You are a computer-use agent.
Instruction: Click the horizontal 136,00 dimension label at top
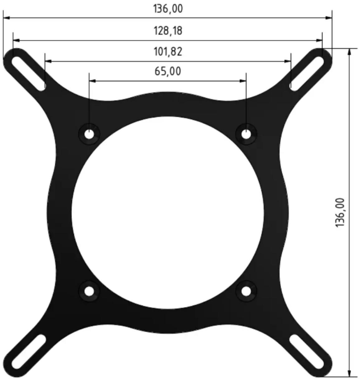point(168,9)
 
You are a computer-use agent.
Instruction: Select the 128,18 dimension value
point(168,31)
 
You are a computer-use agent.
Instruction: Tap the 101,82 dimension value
point(168,51)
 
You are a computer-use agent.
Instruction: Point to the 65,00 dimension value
point(168,71)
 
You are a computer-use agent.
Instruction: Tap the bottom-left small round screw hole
point(89,292)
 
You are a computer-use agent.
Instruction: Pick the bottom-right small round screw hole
point(246,292)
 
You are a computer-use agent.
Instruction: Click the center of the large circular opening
point(168,212)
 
